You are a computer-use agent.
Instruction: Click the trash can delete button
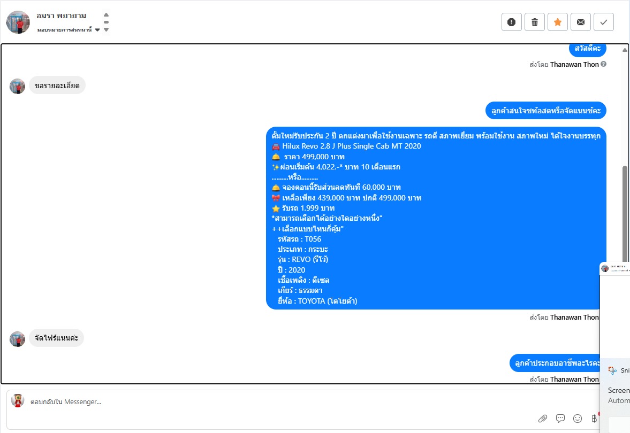pyautogui.click(x=534, y=22)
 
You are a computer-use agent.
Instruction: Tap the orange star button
pyautogui.click(x=558, y=22)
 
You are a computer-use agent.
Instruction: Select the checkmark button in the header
pyautogui.click(x=603, y=22)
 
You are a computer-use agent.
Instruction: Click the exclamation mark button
pyautogui.click(x=512, y=22)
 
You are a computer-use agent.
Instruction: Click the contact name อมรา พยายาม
pyautogui.click(x=61, y=16)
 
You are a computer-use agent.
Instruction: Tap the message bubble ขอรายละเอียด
pyautogui.click(x=57, y=86)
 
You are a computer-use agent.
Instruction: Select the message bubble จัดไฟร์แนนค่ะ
pyautogui.click(x=56, y=338)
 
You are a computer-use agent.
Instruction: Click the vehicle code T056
pyautogui.click(x=313, y=239)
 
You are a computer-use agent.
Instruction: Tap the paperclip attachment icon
pyautogui.click(x=542, y=419)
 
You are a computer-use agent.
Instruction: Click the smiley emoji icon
pyautogui.click(x=578, y=419)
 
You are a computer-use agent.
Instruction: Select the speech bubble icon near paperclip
pyautogui.click(x=560, y=419)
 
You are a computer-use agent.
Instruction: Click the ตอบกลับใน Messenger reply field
pyautogui.click(x=66, y=401)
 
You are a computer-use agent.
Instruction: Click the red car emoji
pyautogui.click(x=276, y=146)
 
